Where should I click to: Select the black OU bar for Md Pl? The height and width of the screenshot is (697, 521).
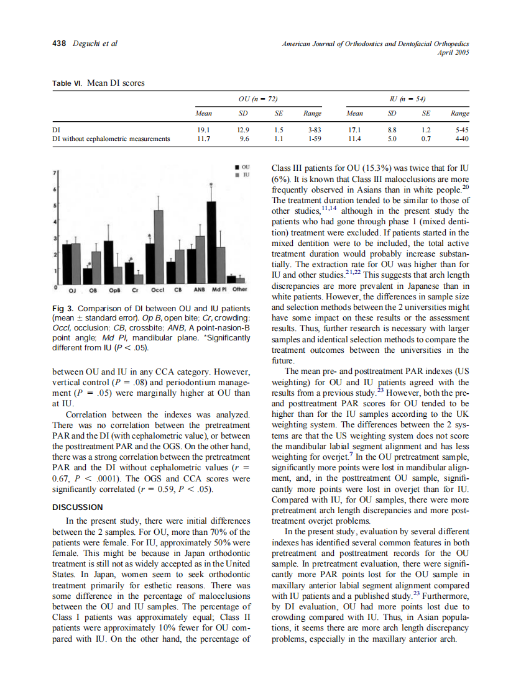(x=211, y=242)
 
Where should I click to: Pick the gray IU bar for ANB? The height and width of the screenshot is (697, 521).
(x=200, y=259)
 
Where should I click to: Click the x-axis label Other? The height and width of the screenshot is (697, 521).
(x=239, y=289)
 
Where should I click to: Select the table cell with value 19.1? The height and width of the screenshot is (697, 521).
(x=203, y=130)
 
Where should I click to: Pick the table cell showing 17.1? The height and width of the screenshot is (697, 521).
(x=355, y=130)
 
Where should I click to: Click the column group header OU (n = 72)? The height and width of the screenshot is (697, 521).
(x=257, y=99)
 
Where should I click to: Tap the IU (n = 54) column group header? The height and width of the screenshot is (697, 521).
(x=407, y=99)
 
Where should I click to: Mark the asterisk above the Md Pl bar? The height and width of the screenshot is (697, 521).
(x=211, y=186)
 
